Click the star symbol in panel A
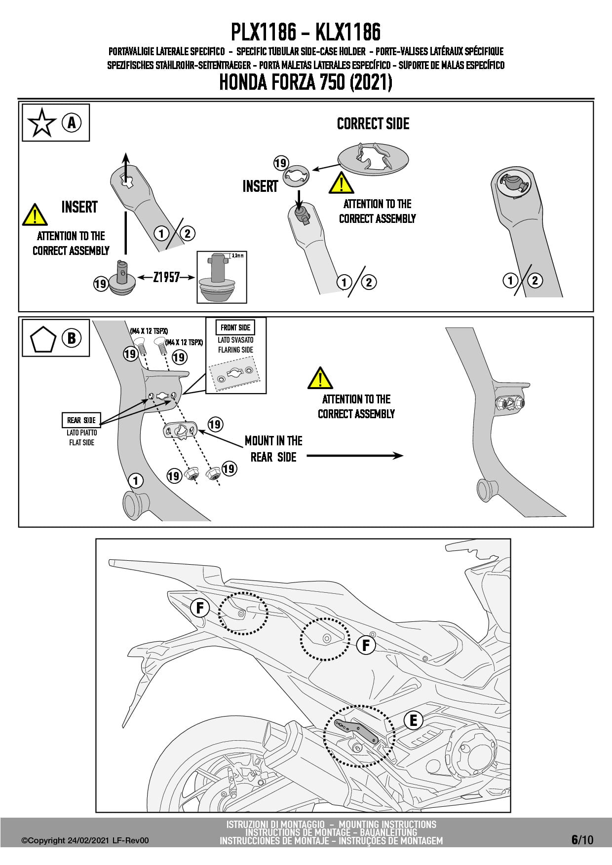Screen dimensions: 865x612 click(42, 123)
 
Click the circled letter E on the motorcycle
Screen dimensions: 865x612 click(413, 721)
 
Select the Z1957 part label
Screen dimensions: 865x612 click(166, 277)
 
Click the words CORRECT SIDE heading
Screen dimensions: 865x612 click(373, 124)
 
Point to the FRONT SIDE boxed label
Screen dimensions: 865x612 click(235, 327)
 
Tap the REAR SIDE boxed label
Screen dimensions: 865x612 click(81, 420)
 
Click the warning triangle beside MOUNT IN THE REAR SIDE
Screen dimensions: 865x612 click(320, 378)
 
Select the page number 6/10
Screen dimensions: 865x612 click(582, 840)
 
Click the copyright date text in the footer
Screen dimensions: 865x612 click(85, 841)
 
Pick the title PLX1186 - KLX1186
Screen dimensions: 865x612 click(306, 32)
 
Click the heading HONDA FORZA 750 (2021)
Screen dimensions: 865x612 click(306, 82)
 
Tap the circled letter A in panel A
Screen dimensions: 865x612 click(72, 122)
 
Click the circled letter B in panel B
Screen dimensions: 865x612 click(72, 338)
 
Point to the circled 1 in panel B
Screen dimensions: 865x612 click(136, 480)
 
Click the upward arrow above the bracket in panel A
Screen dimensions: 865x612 click(126, 168)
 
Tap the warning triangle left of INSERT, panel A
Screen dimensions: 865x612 click(35, 215)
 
